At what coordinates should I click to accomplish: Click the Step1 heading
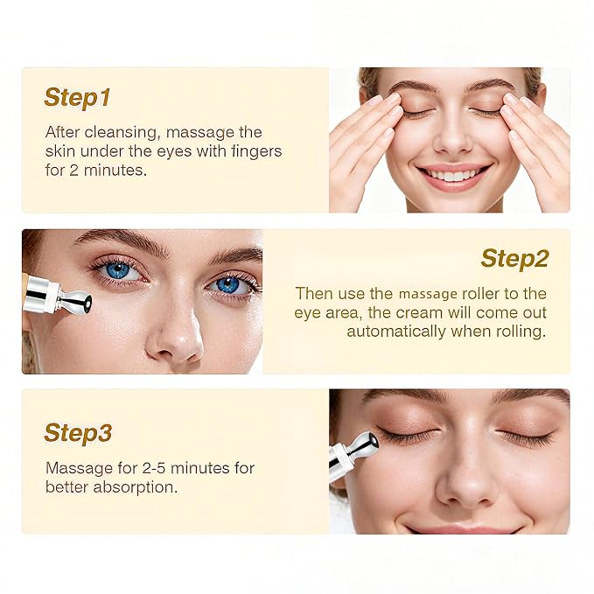point(77,98)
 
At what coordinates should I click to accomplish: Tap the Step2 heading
point(514,259)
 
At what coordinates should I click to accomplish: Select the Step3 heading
point(78,433)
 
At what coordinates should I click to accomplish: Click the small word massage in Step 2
point(428,294)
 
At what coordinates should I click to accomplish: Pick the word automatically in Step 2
point(396,332)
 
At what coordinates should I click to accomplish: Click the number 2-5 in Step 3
point(154,468)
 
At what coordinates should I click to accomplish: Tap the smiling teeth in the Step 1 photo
point(453,175)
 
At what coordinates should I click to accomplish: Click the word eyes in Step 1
point(175,152)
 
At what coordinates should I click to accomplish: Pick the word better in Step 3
point(67,487)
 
